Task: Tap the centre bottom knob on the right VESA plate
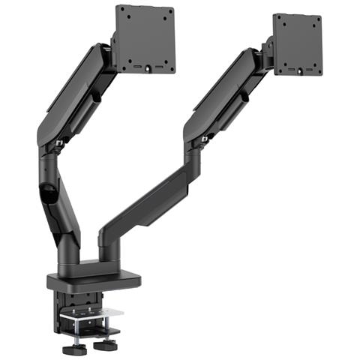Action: [x=301, y=73]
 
